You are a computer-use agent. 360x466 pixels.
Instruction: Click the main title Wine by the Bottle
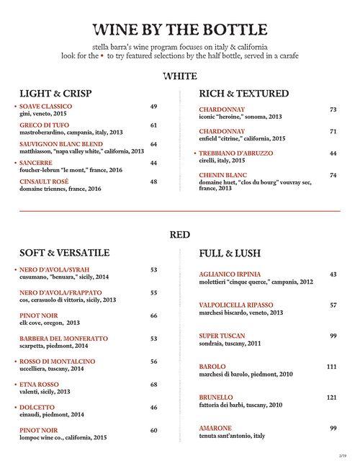pos(180,30)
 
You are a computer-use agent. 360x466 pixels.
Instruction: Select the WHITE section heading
pos(179,75)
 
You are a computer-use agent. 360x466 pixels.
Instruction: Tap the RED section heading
pos(179,233)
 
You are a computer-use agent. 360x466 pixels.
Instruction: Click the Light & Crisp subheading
pos(56,94)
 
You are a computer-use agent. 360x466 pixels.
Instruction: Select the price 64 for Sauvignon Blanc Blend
pos(153,144)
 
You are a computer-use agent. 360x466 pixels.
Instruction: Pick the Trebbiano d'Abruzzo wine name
pos(238,153)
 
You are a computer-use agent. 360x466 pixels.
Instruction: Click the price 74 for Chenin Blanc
pos(333,175)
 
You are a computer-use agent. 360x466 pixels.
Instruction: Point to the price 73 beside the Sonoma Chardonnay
pos(333,109)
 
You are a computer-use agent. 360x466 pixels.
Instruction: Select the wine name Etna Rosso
pos(40,384)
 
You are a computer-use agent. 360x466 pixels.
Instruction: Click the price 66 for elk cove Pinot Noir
pos(153,315)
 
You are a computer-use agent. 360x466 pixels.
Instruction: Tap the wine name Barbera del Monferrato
pos(64,338)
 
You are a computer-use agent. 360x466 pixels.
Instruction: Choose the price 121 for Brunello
pos(331,397)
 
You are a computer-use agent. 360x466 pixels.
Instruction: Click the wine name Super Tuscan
pos(222,336)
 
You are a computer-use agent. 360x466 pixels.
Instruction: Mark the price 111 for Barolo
pos(331,367)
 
